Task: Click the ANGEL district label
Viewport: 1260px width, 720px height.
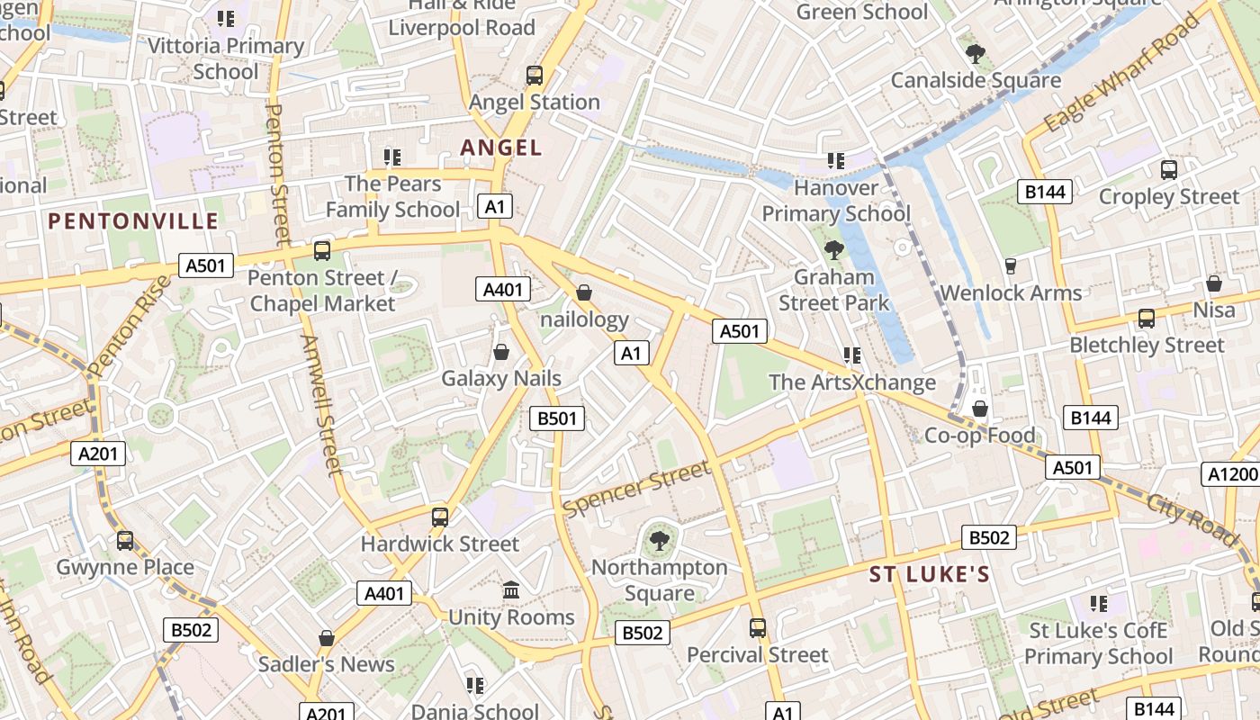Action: coord(501,148)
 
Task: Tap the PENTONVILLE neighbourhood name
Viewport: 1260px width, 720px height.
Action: coord(133,221)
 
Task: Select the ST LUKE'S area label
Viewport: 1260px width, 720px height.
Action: coord(929,575)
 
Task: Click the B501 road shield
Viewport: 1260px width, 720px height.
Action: coord(558,418)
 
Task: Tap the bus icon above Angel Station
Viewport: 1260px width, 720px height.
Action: coord(535,76)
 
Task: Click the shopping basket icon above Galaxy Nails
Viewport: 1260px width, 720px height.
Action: coord(500,352)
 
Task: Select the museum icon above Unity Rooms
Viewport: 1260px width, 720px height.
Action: coord(511,590)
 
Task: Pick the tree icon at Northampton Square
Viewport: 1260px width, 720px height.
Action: coord(659,541)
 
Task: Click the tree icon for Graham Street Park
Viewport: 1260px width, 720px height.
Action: coord(833,250)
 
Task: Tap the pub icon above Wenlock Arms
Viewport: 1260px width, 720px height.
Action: coord(1010,266)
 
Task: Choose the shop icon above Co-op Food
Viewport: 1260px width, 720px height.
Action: coord(980,409)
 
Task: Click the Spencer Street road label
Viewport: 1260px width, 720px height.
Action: coord(636,489)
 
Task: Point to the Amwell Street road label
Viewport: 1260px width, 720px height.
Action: coord(320,405)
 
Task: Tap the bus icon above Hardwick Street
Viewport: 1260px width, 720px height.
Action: coord(439,517)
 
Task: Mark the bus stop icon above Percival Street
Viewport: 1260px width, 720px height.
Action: coord(758,627)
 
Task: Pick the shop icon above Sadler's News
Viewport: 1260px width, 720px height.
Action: coord(326,638)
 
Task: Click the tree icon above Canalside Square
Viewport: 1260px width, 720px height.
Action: coord(975,54)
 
